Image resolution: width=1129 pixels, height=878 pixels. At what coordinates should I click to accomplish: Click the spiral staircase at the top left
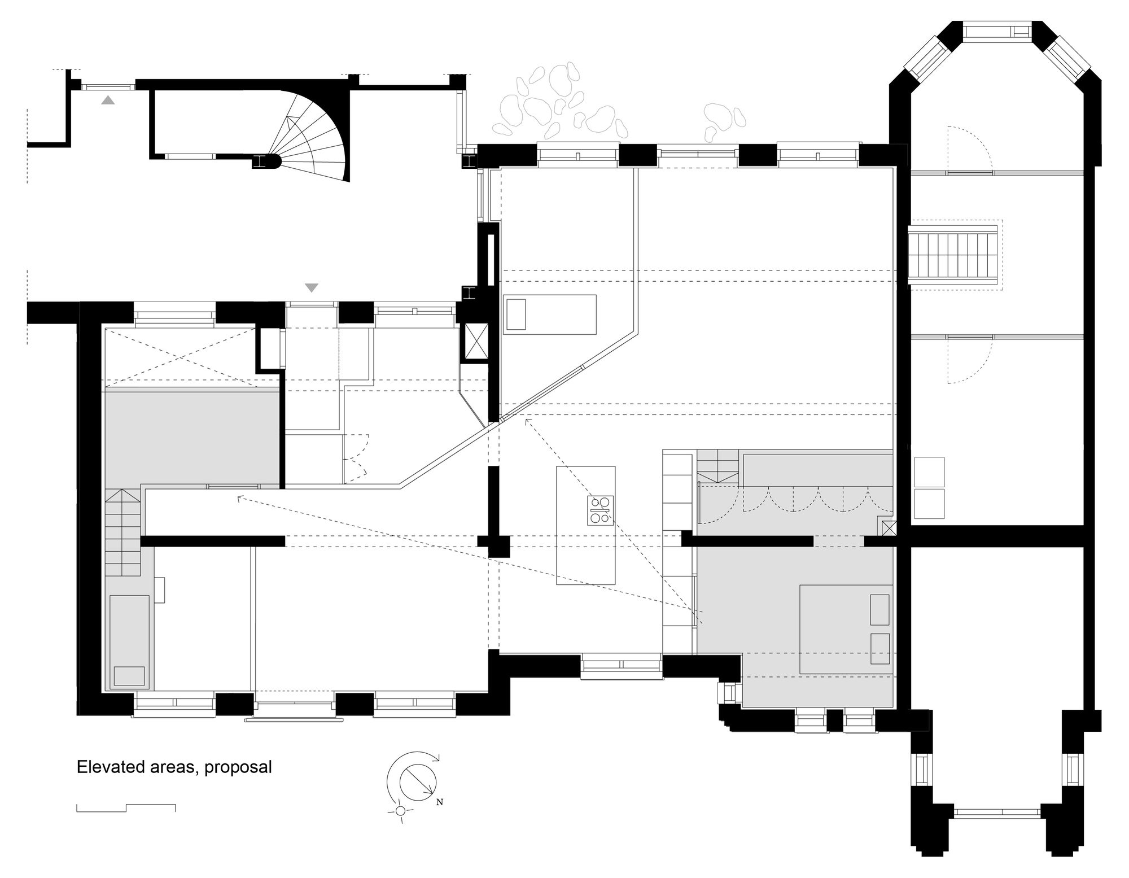[x=310, y=138]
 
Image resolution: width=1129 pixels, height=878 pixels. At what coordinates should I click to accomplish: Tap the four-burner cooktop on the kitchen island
[x=600, y=510]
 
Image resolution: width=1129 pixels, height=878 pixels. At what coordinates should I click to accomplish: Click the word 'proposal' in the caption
[x=238, y=767]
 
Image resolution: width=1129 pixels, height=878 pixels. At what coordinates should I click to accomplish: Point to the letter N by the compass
[x=440, y=801]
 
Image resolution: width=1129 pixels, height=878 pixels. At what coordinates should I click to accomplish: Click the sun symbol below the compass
[x=400, y=811]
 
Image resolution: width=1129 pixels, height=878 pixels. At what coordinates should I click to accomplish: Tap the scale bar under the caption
[x=126, y=807]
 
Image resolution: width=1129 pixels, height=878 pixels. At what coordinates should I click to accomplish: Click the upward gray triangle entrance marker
[x=108, y=101]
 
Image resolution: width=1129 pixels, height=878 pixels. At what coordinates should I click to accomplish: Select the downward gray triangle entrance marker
[x=312, y=288]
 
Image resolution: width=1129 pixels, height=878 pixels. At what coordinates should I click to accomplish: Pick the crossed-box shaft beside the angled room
[x=474, y=342]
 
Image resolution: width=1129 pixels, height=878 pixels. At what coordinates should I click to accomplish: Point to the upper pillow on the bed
[x=879, y=610]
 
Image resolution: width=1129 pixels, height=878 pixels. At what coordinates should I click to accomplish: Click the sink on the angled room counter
[x=516, y=314]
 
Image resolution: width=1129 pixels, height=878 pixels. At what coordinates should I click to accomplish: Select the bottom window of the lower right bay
[x=997, y=813]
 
